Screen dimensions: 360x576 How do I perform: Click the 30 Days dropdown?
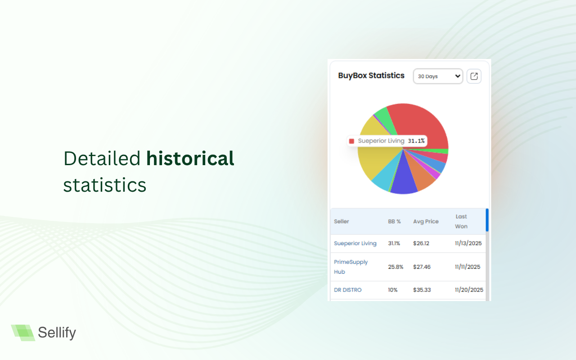point(437,76)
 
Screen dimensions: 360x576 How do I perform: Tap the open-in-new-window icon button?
point(474,76)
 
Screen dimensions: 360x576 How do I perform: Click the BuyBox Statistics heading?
point(371,76)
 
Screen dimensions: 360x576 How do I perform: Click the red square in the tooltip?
point(352,141)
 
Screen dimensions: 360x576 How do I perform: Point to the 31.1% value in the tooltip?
point(416,141)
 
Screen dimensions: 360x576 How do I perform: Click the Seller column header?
point(342,221)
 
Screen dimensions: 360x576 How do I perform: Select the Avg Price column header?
point(426,221)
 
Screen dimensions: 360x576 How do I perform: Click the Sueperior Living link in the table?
point(355,243)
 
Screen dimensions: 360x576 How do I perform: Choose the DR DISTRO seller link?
point(347,290)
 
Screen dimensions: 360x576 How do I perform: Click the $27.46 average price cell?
point(422,267)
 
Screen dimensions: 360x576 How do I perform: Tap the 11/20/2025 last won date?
point(469,290)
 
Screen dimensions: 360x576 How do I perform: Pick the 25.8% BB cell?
point(396,267)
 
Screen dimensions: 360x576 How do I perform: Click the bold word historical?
point(190,158)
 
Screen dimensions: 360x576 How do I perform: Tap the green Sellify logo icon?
point(23,333)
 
